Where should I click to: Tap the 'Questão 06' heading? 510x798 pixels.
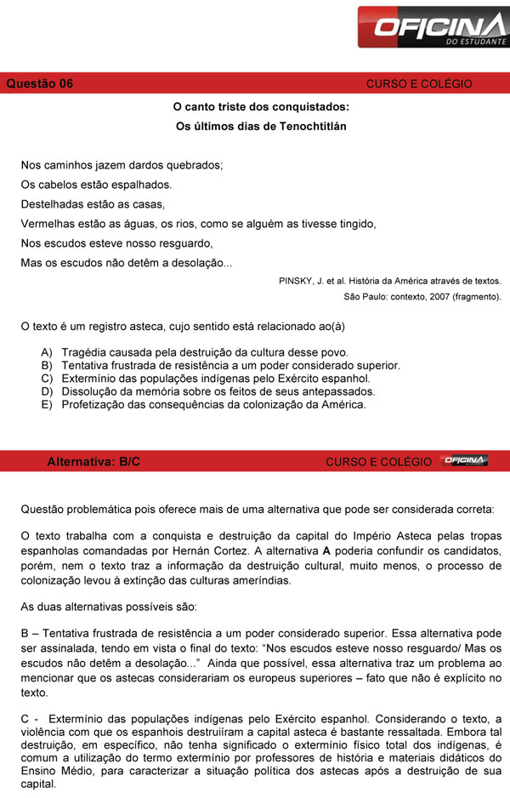pos(40,83)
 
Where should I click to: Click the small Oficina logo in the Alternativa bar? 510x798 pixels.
pos(464,460)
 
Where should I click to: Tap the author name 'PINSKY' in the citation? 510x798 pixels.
pos(297,281)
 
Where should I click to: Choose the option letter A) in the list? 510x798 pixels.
pos(46,352)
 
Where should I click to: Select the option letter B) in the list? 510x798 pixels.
pos(46,365)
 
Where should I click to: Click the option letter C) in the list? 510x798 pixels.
pos(46,379)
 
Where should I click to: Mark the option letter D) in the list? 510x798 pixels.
pos(46,391)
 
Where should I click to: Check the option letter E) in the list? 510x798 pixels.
pos(46,405)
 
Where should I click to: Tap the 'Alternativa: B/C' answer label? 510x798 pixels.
pos(93,461)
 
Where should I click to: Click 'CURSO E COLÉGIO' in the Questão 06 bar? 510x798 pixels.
pos(419,83)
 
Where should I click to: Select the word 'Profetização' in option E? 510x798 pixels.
pos(93,405)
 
